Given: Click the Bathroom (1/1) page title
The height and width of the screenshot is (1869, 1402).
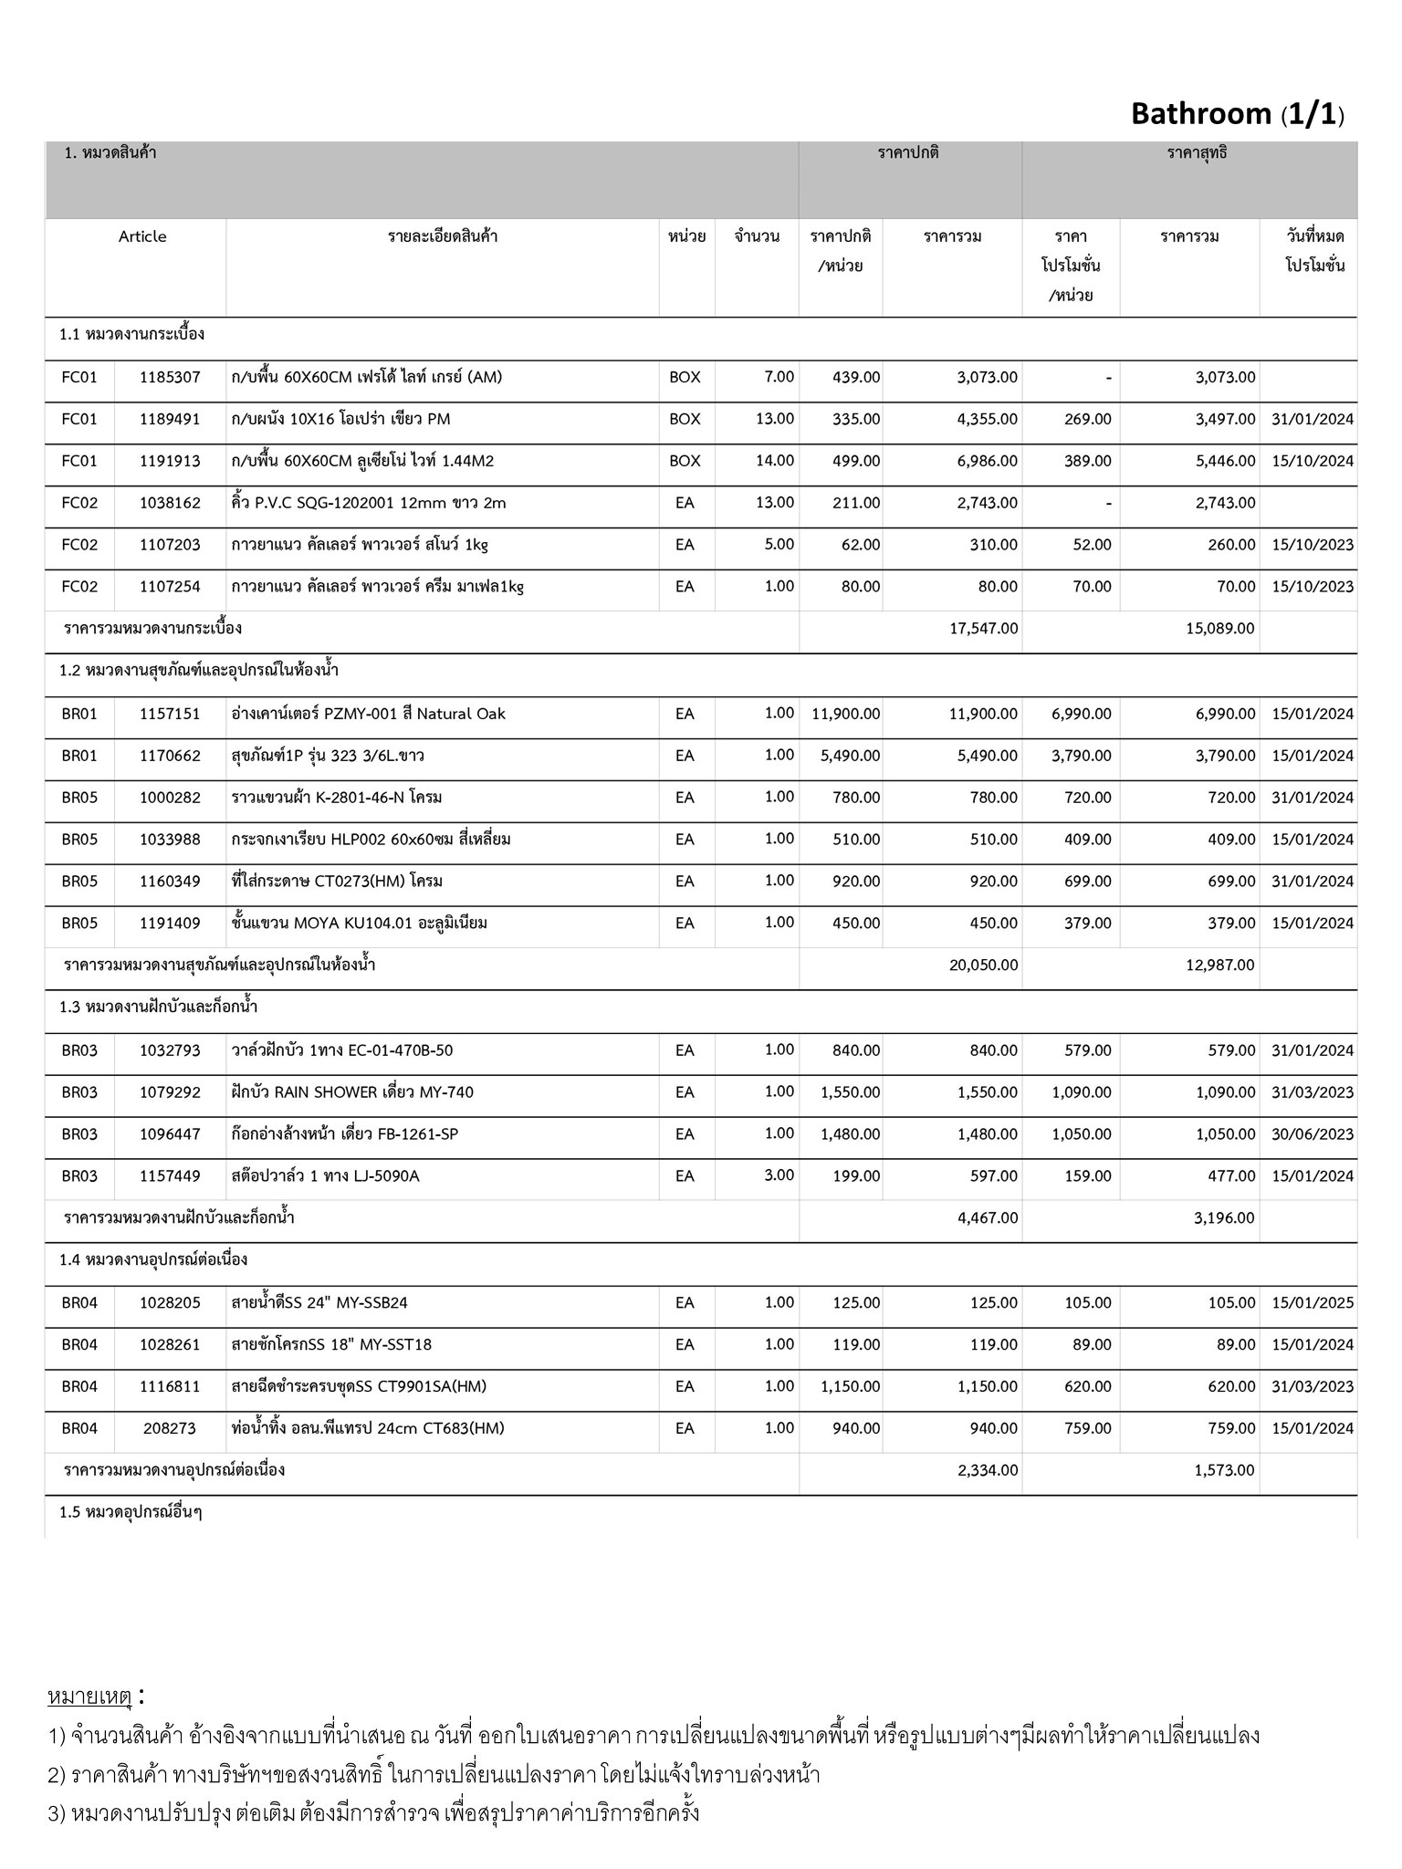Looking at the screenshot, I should [x=1237, y=114].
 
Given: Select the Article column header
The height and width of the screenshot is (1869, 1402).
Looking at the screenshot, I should [x=142, y=237].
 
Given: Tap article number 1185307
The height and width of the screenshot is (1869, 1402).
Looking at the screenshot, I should [x=170, y=377].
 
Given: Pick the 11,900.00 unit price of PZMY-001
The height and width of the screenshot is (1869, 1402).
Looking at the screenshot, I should [x=845, y=714].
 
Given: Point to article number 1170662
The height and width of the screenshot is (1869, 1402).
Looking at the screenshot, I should [x=170, y=756].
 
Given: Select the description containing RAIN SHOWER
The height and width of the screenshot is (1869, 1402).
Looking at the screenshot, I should [x=352, y=1092].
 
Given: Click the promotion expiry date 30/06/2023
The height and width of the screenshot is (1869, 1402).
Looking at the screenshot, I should [x=1313, y=1134].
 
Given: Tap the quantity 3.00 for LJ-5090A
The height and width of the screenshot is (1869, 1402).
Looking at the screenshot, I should [x=779, y=1175].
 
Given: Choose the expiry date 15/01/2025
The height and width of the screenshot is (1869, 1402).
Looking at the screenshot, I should [x=1313, y=1303].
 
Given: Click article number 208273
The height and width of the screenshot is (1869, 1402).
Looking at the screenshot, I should [x=170, y=1428].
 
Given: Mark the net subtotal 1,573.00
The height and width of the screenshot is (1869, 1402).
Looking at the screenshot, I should [x=1224, y=1470].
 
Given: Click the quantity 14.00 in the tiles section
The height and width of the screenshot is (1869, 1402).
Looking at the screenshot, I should [x=775, y=461].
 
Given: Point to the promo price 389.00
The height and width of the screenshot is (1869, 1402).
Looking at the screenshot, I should [x=1087, y=461].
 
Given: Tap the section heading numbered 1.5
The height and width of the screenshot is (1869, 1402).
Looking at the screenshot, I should [x=131, y=1512].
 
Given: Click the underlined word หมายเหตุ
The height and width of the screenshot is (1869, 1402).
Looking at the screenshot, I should [x=90, y=1697].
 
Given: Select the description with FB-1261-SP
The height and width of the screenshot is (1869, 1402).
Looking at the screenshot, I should [x=345, y=1134].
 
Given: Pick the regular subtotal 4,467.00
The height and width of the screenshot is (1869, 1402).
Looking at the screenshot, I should [x=988, y=1218].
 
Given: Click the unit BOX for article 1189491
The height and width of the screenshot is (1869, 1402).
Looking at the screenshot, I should [x=685, y=419].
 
